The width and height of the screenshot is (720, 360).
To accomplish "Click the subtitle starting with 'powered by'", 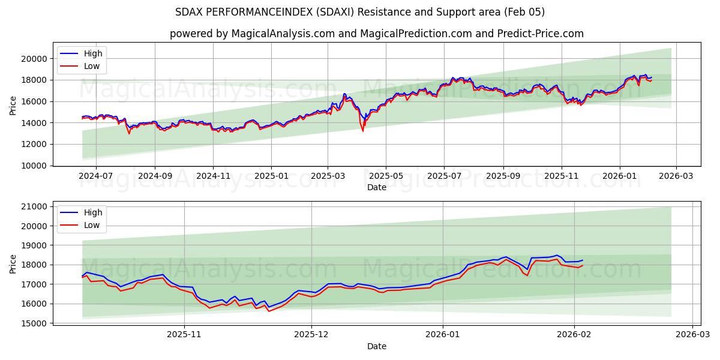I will coord(377,34).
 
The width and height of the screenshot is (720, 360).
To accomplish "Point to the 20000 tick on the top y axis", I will coord(35,59).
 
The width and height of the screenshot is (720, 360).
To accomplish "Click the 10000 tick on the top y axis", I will coord(35,166).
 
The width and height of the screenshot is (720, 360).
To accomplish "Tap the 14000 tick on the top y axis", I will coord(35,123).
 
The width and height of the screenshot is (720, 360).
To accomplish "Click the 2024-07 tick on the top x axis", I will coord(96,176).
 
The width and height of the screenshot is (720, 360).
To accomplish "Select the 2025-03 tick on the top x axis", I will coord(328,176).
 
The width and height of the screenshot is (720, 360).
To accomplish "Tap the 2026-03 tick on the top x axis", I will coord(676,176).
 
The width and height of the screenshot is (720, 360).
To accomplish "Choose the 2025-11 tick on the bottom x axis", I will coord(184,335).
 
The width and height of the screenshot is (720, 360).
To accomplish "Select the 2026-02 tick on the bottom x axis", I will coord(574,335).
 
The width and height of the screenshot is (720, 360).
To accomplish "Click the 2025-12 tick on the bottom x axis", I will coord(312,335).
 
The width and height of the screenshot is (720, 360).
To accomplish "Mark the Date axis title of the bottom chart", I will coord(377,346).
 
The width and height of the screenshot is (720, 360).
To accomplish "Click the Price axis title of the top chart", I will coord(13,105).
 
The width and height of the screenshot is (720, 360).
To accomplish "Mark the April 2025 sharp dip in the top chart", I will coord(362,130).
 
